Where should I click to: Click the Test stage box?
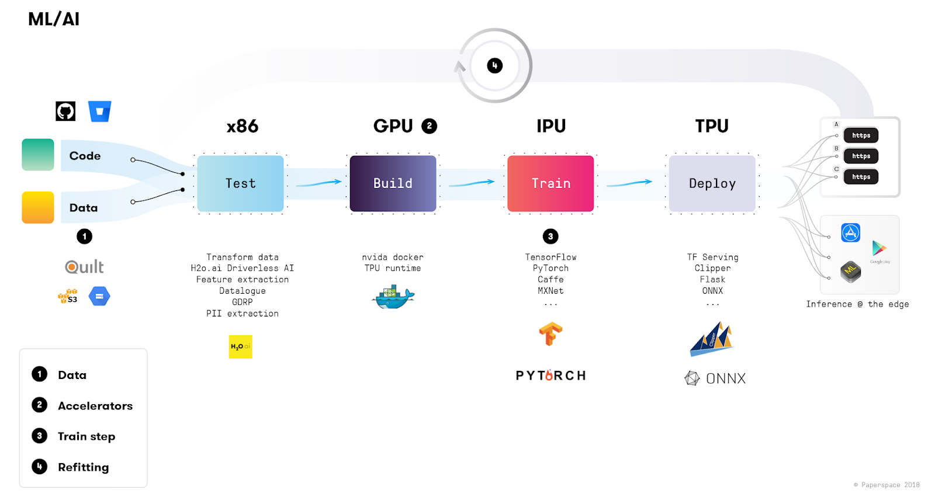point(240,183)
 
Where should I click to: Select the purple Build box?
point(393,183)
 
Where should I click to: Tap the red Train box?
point(550,183)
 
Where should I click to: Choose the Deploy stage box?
point(712,183)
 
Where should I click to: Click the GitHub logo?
point(65,111)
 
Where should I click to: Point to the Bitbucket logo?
point(99,111)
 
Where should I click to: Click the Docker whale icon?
point(393,297)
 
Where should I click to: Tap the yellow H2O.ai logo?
point(240,346)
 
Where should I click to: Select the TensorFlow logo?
point(550,334)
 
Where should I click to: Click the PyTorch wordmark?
point(550,376)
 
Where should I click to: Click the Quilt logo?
point(84,267)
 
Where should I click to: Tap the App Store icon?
point(850,232)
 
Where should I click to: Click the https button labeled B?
point(861,156)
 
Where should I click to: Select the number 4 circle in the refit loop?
point(494,65)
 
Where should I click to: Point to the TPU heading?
point(712,126)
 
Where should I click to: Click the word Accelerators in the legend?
point(95,406)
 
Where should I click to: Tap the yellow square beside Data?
point(38,207)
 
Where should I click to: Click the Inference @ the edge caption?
point(857,304)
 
